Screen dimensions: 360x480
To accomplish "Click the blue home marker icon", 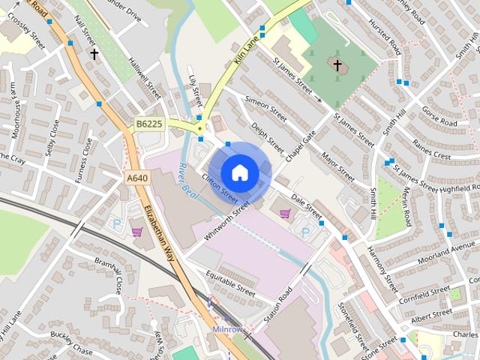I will [239, 172].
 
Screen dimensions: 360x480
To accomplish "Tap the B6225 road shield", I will [149, 124].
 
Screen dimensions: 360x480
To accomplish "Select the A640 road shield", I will [136, 178].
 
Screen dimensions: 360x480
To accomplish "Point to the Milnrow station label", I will [228, 329].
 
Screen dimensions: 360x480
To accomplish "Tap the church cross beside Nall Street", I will [94, 54].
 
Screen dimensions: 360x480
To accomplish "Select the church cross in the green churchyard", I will [337, 66].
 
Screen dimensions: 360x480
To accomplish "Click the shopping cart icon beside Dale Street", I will [285, 214].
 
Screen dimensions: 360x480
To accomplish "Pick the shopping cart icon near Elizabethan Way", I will [136, 232].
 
